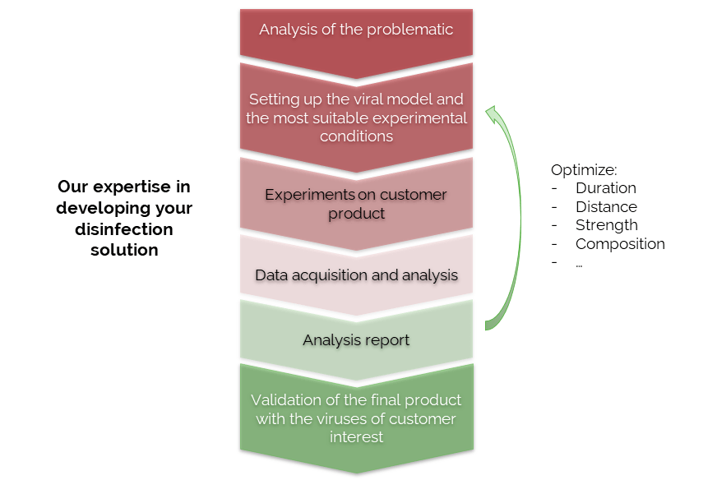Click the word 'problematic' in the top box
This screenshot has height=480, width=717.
click(x=409, y=30)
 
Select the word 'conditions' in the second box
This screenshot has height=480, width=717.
click(x=356, y=136)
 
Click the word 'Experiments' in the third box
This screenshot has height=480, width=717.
click(x=309, y=196)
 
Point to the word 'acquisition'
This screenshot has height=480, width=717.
click(x=329, y=275)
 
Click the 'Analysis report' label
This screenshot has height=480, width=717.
click(x=356, y=340)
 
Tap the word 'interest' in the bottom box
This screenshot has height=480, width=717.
click(x=356, y=437)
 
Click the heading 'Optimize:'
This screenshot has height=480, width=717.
click(x=584, y=170)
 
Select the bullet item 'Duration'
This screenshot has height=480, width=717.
click(x=606, y=188)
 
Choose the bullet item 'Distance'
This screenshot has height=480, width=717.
click(x=606, y=206)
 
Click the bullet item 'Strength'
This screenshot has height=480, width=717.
click(x=606, y=225)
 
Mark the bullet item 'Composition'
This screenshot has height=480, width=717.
click(x=620, y=244)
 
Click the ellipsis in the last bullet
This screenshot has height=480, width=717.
click(x=579, y=265)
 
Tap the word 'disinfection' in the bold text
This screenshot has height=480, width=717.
click(x=124, y=229)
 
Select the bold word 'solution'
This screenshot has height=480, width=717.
click(x=124, y=251)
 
